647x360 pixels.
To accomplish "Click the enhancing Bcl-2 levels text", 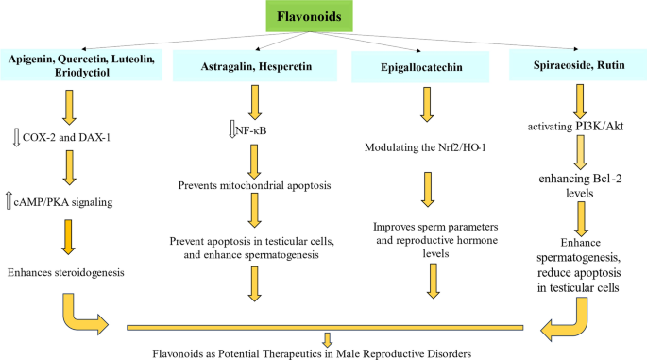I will tap(577, 185).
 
